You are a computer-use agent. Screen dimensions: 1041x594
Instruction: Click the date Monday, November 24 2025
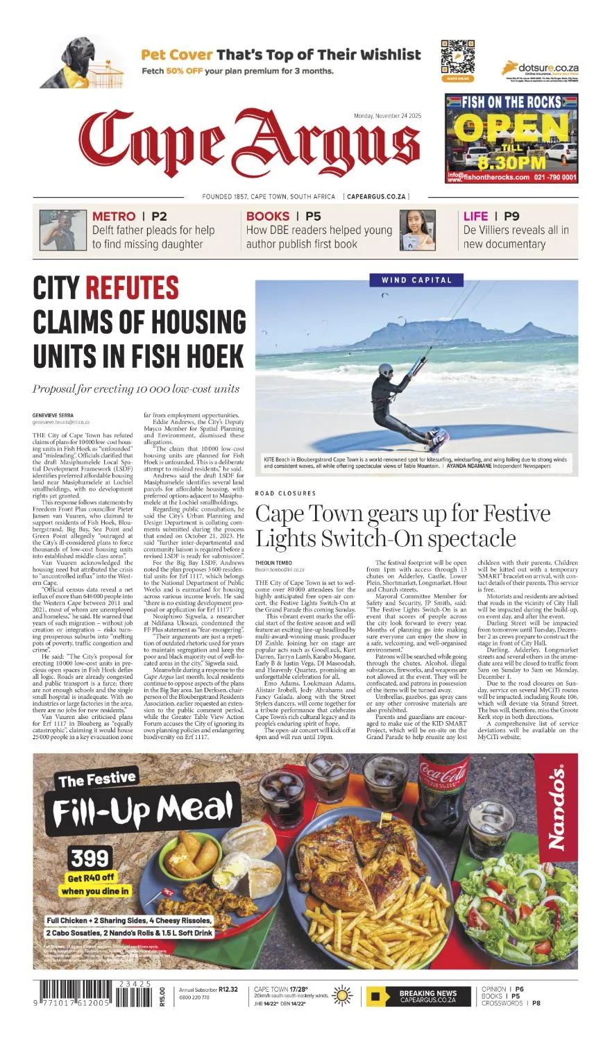(387, 117)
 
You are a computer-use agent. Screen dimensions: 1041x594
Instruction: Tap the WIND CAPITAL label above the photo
(416, 280)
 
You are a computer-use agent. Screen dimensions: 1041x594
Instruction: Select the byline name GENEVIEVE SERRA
(53, 415)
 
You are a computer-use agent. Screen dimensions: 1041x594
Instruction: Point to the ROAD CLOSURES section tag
(285, 493)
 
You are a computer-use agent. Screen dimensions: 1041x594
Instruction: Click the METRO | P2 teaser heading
(129, 217)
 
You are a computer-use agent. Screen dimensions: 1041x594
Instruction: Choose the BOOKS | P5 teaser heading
(283, 217)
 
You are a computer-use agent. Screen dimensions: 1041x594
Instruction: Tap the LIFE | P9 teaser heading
(491, 217)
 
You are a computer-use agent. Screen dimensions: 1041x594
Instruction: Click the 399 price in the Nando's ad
(90, 858)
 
